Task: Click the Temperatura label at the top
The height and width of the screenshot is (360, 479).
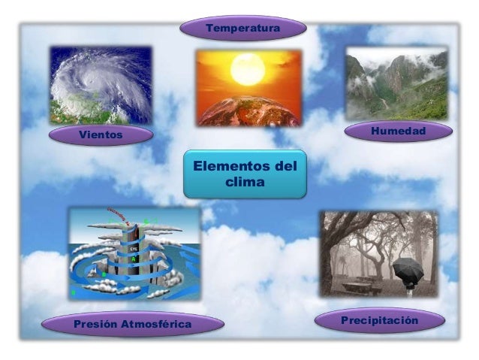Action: click(243, 29)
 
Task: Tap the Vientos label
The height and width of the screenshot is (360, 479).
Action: click(101, 135)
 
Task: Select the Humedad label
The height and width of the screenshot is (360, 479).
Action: click(398, 132)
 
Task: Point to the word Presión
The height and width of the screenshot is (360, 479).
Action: click(95, 324)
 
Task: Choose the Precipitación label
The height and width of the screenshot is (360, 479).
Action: click(379, 321)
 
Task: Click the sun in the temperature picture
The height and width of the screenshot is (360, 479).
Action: click(248, 69)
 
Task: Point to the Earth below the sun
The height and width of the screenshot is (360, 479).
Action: click(248, 110)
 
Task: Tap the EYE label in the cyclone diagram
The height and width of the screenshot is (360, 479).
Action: click(133, 247)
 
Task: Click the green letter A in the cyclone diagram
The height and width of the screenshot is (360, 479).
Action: click(133, 258)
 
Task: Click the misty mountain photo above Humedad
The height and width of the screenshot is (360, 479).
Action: click(396, 83)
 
